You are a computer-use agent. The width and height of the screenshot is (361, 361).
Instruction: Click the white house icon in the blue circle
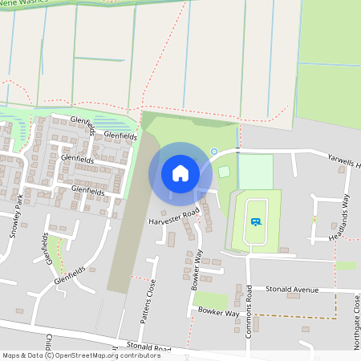pos(180,173)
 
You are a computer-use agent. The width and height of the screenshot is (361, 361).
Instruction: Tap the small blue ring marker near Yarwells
pos(214,152)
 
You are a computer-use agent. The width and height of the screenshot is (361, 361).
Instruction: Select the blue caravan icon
pos(256,222)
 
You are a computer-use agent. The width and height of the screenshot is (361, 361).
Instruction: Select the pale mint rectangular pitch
pos(256,171)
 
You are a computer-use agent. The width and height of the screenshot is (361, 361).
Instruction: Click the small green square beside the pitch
pos(224,171)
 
